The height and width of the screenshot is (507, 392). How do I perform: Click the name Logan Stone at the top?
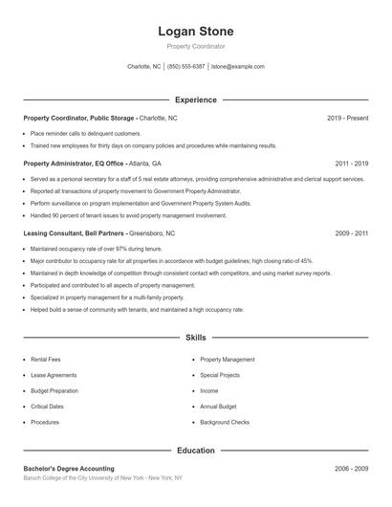(196, 32)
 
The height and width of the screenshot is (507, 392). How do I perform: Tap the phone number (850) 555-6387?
(186, 67)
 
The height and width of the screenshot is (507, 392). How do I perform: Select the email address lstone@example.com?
(238, 67)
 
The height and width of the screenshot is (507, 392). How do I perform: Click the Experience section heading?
(196, 99)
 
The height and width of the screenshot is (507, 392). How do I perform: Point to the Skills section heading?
(196, 338)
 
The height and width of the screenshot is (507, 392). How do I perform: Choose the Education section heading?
(196, 450)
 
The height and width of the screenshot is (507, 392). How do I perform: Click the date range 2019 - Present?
(347, 118)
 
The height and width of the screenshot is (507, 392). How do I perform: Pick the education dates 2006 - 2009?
(351, 469)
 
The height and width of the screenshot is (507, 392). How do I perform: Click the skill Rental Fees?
(46, 360)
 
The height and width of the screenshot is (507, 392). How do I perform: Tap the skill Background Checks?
(225, 422)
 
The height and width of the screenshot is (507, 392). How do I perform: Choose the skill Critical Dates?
(47, 407)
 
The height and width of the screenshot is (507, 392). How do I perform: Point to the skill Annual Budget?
(218, 407)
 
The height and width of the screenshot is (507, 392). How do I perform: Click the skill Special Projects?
(221, 375)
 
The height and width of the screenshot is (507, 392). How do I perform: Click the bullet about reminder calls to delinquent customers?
(86, 133)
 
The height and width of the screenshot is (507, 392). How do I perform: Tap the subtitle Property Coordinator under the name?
(196, 46)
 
